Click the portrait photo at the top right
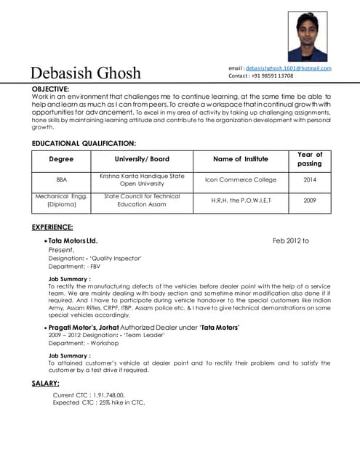point(308,36)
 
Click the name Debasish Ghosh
point(86,73)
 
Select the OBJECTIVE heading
point(50,89)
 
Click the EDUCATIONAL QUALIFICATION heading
point(84,144)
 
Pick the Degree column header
point(61,159)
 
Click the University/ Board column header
point(142,159)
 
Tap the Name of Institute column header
point(240,159)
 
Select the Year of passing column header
point(310,159)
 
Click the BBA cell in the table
point(61,179)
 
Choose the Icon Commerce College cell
point(241,179)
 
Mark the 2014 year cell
point(310,179)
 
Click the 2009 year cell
point(310,200)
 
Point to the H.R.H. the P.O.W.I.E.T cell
point(241,200)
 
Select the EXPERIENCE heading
point(52,227)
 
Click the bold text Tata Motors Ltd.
point(73,240)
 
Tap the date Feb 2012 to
point(291,240)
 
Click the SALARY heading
point(45,383)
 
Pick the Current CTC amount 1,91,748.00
point(120,395)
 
